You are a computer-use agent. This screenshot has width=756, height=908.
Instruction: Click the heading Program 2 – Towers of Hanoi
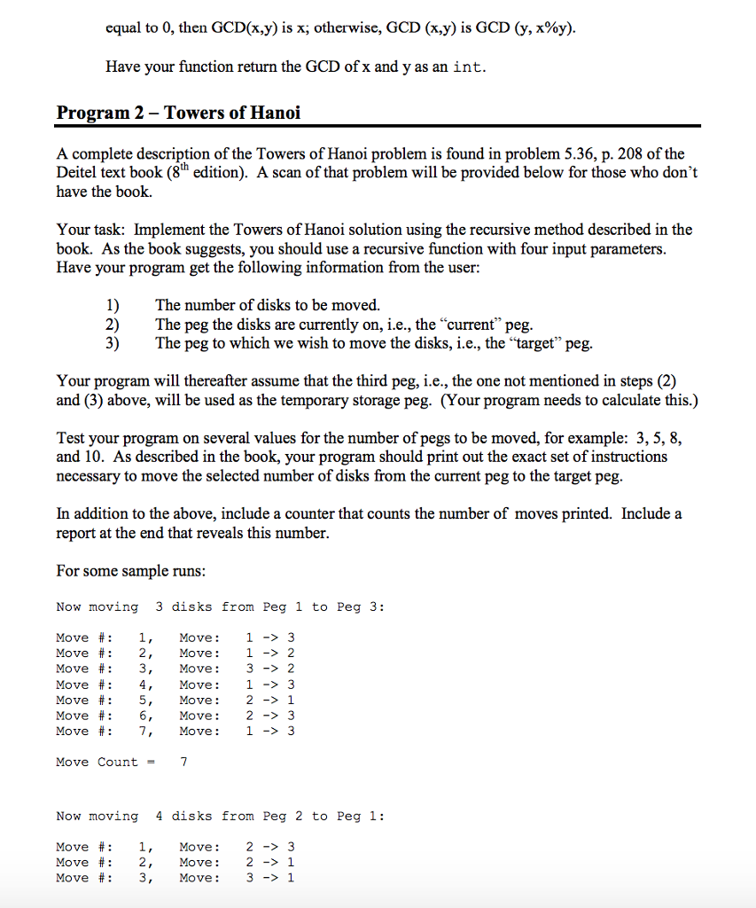tap(178, 113)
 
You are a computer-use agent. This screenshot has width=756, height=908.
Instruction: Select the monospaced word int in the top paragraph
tap(468, 67)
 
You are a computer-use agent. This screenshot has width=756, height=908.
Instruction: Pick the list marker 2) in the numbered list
tap(112, 325)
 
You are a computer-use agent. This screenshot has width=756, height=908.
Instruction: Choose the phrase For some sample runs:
tap(130, 571)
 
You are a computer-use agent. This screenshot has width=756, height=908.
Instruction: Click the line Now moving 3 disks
tap(220, 607)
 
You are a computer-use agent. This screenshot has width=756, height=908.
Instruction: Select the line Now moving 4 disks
tap(220, 816)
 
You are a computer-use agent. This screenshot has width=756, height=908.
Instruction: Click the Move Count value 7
tap(183, 762)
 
